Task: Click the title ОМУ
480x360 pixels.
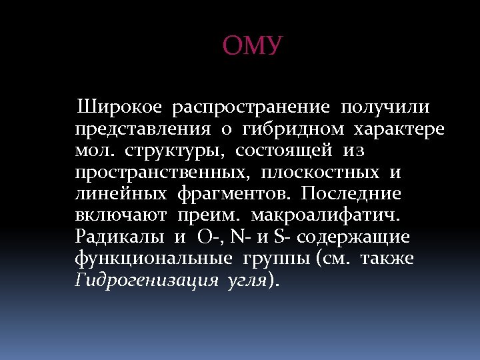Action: [x=253, y=47]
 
